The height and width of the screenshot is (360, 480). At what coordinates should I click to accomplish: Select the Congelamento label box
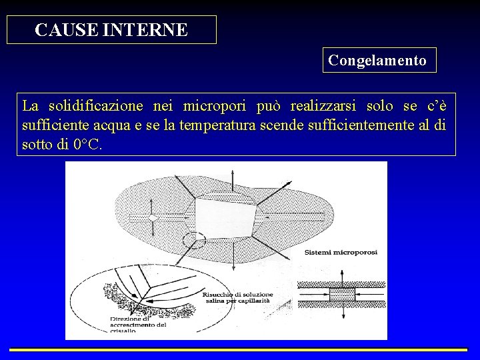click(378, 60)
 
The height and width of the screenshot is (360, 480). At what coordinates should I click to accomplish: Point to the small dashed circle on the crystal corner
click(194, 239)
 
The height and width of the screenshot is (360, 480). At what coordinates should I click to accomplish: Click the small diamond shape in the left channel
click(153, 219)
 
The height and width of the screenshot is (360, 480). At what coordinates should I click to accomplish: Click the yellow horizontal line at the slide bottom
click(239, 349)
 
